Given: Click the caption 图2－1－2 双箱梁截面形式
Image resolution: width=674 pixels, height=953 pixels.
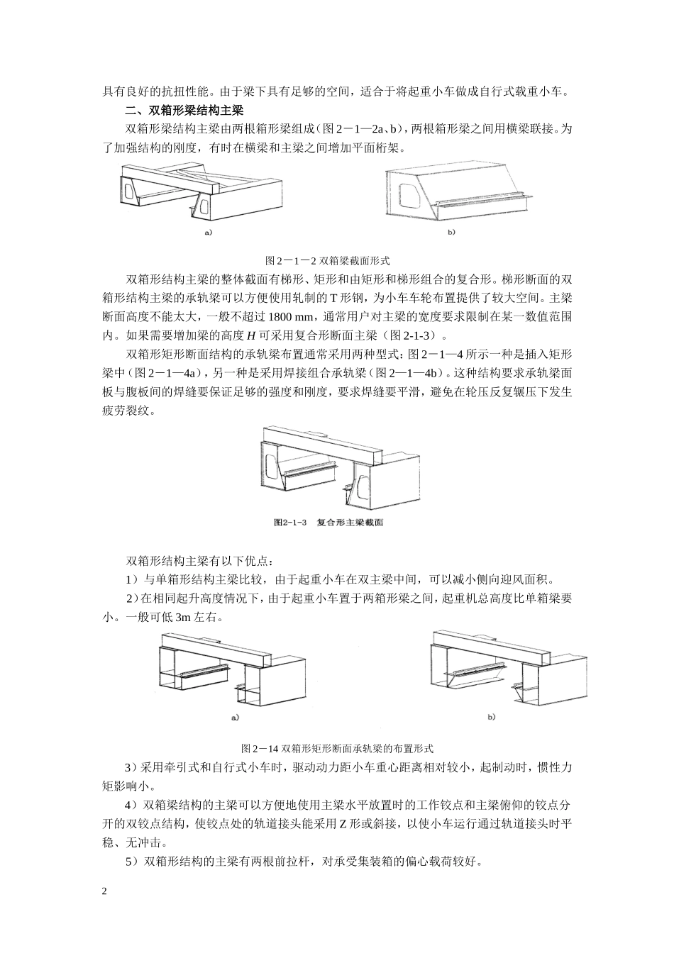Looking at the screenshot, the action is click(x=327, y=260).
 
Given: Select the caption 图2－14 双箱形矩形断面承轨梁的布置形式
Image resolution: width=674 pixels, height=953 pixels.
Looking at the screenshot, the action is click(x=337, y=747).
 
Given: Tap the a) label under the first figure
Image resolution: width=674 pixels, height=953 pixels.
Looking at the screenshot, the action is click(x=207, y=232).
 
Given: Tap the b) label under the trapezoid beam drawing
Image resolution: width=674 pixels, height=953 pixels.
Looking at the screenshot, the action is click(x=451, y=232).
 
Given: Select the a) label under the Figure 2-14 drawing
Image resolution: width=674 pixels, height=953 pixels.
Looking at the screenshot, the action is click(x=233, y=717).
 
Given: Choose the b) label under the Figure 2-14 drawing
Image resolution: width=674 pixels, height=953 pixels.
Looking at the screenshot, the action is click(x=491, y=717).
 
